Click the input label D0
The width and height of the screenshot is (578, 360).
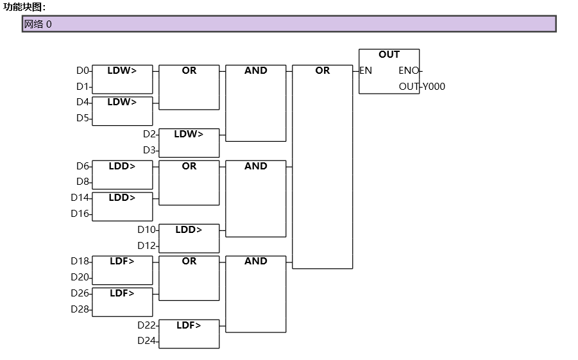click(x=83, y=71)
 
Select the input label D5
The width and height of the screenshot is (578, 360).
click(x=83, y=118)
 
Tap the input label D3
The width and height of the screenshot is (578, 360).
click(x=149, y=150)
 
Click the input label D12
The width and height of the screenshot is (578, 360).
click(x=147, y=246)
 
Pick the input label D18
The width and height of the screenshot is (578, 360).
click(x=80, y=261)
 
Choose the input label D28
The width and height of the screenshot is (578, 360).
click(x=80, y=309)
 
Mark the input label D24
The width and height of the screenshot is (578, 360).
click(x=147, y=341)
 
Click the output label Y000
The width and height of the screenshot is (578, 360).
click(x=434, y=87)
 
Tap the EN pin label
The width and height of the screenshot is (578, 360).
click(x=366, y=71)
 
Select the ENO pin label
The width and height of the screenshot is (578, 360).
click(x=409, y=71)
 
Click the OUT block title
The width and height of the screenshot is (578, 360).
click(x=389, y=55)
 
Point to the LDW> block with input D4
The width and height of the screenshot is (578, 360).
click(x=123, y=111)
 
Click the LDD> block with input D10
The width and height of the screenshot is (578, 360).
click(x=189, y=238)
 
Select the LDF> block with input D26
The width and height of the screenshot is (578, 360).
click(x=123, y=302)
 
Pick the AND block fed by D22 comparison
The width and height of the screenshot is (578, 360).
click(x=256, y=294)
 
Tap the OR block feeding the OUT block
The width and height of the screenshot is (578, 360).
click(x=323, y=166)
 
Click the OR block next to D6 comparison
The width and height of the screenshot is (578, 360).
click(x=189, y=182)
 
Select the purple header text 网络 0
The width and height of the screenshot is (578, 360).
click(x=38, y=24)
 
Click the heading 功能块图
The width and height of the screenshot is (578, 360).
click(x=24, y=6)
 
